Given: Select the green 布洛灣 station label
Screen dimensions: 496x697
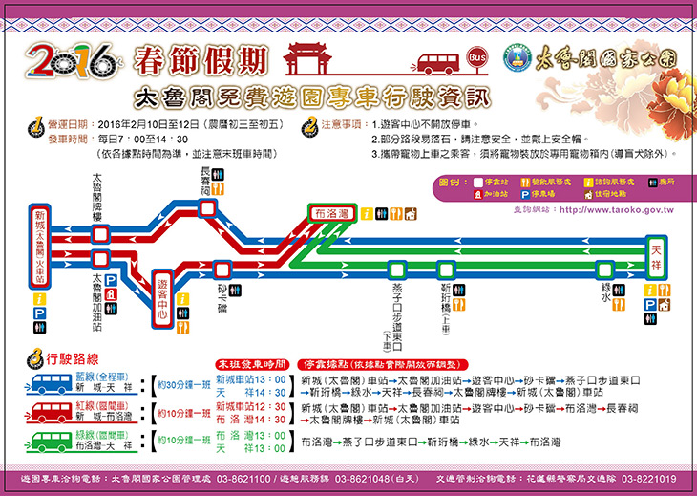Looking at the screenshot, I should (333, 213).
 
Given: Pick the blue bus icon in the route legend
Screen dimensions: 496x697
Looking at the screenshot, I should (56, 383).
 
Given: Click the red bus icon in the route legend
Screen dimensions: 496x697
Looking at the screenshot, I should (56, 412).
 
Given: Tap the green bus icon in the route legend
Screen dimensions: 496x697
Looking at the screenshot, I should (56, 441).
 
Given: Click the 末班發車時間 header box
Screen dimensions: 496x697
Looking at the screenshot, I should (251, 363).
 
